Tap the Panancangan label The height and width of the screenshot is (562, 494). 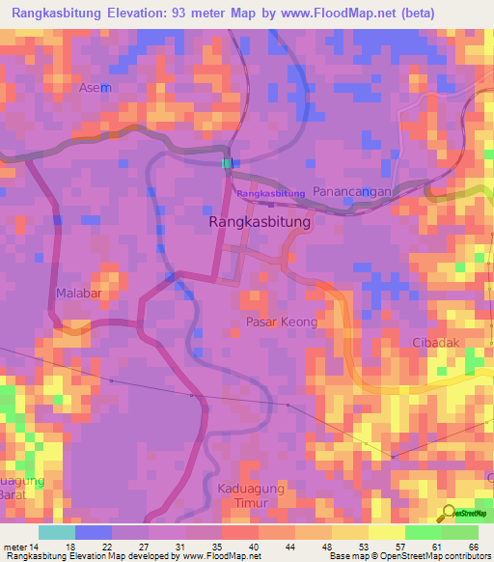(x=352, y=192)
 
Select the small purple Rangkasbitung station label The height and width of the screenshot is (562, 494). (x=270, y=194)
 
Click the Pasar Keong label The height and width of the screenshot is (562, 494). (x=281, y=322)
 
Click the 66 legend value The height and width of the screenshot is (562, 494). (x=473, y=548)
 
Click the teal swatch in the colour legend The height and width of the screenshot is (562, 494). (x=56, y=532)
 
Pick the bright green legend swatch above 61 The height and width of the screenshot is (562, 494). (x=424, y=532)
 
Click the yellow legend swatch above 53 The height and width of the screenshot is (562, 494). (x=350, y=532)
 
